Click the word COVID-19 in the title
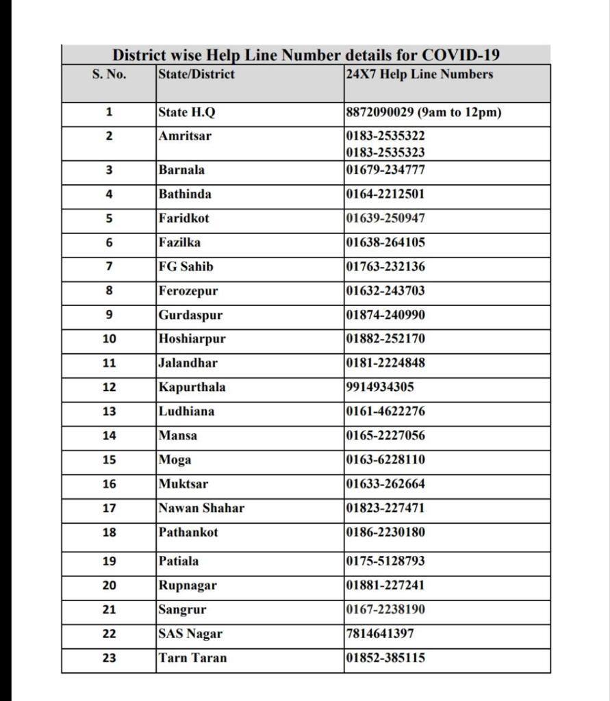coord(461,55)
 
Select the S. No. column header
coord(109,75)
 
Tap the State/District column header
coord(196,75)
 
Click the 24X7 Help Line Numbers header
coord(420,75)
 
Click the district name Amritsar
coord(185,136)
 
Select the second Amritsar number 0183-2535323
coord(385,151)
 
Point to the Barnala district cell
coord(181,170)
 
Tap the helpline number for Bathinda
coord(385,194)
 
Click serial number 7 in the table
coord(109,266)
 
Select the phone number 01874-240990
coord(385,315)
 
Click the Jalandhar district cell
coord(188,363)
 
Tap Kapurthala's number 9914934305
coord(381,387)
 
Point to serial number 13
coord(109,411)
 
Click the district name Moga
coord(175,460)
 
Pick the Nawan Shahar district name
coord(201,508)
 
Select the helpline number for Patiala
coord(385,561)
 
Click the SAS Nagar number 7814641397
coord(381,634)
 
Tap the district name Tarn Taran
coord(192,658)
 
